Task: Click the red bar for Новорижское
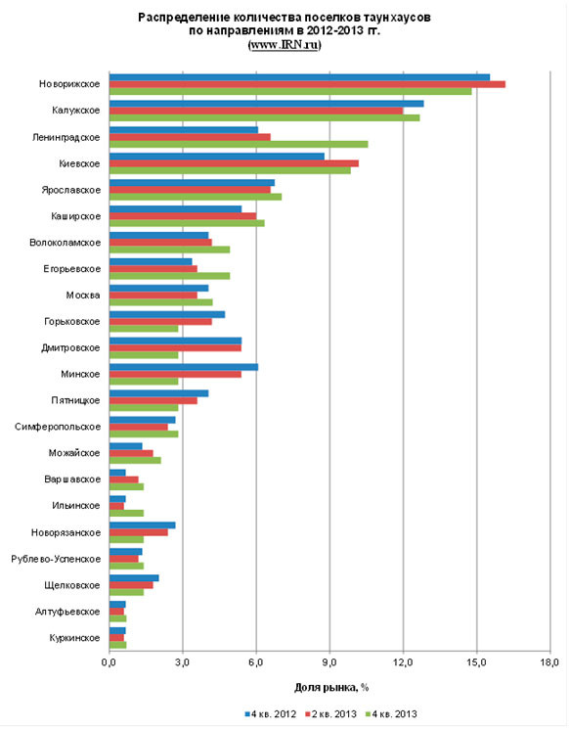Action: (x=308, y=84)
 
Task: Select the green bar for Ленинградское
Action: (x=239, y=144)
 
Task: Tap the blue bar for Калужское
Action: (x=267, y=104)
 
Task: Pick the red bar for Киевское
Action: (x=234, y=163)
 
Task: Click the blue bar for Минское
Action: (x=184, y=367)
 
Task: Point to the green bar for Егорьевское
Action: (x=170, y=276)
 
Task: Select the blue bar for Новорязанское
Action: (x=143, y=525)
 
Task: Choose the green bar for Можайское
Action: (x=135, y=460)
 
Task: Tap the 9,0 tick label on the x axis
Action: (x=329, y=662)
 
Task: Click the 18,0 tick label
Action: (x=549, y=662)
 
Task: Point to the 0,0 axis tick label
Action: (x=109, y=662)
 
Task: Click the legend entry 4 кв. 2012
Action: (x=270, y=713)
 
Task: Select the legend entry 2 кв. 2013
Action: (x=330, y=713)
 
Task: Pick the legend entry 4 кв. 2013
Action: (x=391, y=713)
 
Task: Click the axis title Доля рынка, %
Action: (x=331, y=687)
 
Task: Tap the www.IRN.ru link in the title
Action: (x=284, y=45)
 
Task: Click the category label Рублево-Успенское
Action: (x=56, y=559)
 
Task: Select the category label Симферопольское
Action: (x=58, y=427)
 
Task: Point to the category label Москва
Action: (x=83, y=296)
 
